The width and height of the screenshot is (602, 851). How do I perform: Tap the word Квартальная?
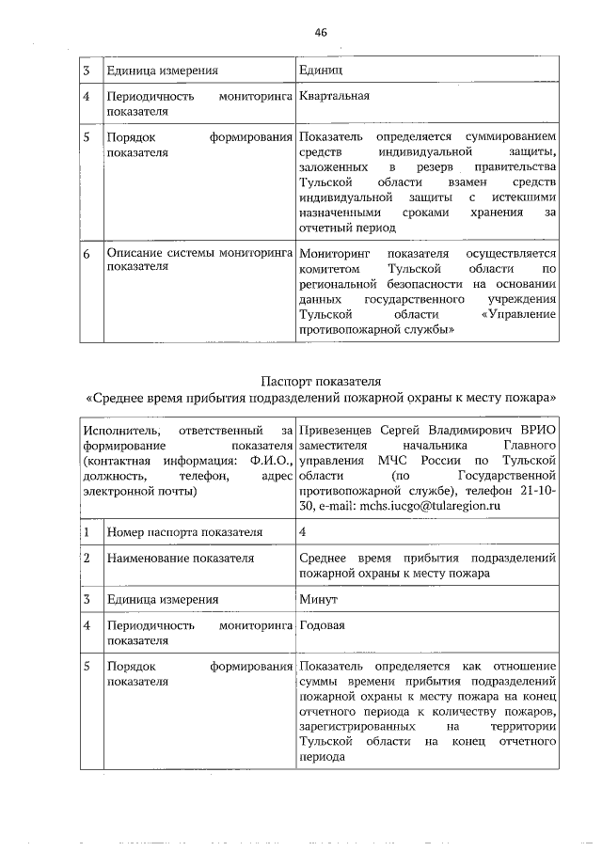click(334, 96)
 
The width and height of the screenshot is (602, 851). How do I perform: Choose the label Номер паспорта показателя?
click(170, 532)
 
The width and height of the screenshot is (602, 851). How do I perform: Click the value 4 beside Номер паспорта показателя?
click(302, 532)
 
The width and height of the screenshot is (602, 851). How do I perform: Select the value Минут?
click(319, 598)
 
